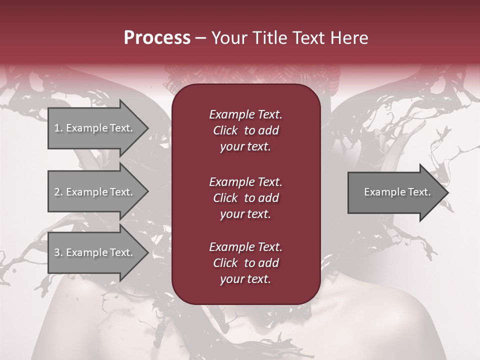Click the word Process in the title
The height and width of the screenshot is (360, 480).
click(x=157, y=38)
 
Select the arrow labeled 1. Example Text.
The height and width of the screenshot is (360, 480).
click(x=95, y=128)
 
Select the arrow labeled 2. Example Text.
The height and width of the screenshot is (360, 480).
click(x=95, y=192)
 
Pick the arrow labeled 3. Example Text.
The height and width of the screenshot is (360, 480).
click(x=95, y=252)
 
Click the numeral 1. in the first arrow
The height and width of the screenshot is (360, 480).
click(x=58, y=128)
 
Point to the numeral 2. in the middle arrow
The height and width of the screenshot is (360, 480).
click(x=58, y=192)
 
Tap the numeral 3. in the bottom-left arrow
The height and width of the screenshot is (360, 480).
click(x=58, y=252)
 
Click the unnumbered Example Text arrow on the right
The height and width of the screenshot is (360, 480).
click(x=395, y=192)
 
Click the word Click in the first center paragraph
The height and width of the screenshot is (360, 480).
click(x=225, y=130)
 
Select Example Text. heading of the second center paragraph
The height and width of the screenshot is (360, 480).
click(x=245, y=181)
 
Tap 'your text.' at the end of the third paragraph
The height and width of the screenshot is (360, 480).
click(x=245, y=279)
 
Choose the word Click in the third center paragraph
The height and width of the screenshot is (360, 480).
click(x=225, y=263)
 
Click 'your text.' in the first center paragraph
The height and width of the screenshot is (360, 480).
click(x=245, y=146)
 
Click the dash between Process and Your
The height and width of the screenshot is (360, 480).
click(x=201, y=38)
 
